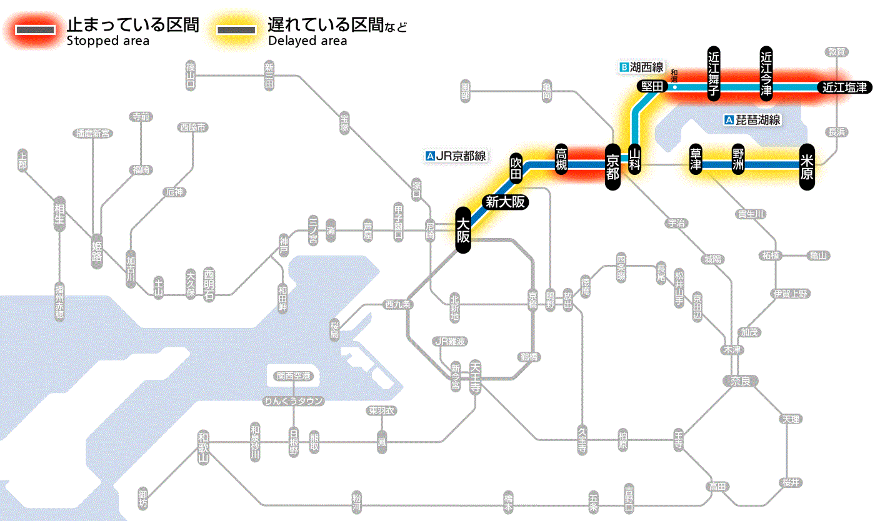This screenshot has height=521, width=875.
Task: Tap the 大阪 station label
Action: point(462,231)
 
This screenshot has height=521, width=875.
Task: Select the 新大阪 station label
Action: point(505,202)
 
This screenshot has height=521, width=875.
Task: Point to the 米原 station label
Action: point(807,166)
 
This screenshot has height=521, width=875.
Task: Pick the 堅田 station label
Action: point(651,87)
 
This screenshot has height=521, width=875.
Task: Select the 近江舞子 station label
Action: point(714,72)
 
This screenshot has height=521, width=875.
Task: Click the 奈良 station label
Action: point(739,380)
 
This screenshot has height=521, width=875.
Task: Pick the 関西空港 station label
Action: point(293,376)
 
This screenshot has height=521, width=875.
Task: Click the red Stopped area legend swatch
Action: point(39,30)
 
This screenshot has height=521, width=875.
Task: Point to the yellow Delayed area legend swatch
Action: point(236,30)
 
